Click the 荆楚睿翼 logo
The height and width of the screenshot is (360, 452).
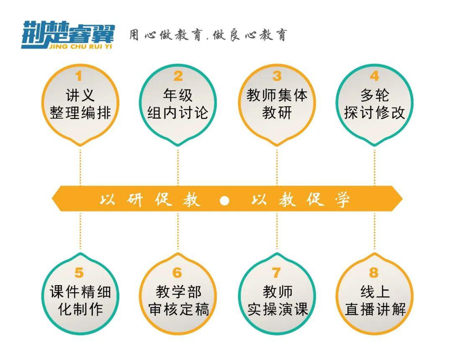pos(68,35)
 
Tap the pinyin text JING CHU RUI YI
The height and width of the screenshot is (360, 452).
pos(80,46)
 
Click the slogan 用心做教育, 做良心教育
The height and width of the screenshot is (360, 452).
pos(208,36)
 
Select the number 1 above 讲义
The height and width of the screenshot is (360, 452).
pos(79,77)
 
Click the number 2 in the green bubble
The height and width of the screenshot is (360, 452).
pos(178,76)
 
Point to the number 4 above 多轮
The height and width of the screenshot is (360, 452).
pos(374,76)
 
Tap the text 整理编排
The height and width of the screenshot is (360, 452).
pos(80,112)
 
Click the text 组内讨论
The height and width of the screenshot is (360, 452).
pos(178,112)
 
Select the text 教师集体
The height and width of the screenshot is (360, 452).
pos(277,95)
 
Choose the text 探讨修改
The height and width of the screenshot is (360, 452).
pos(375,112)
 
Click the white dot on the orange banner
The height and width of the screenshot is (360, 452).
pos(224,200)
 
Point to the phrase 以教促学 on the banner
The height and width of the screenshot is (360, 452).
pos(301,199)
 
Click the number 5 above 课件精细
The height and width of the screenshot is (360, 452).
pos(79,273)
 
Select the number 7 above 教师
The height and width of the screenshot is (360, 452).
pos(276,273)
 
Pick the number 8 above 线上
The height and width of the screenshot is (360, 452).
pos(374,273)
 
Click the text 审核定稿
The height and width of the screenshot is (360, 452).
pos(178,309)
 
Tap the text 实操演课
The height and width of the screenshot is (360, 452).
pos(277,309)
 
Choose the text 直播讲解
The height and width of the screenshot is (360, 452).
pos(375,309)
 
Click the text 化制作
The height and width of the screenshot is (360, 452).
pos(80,309)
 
